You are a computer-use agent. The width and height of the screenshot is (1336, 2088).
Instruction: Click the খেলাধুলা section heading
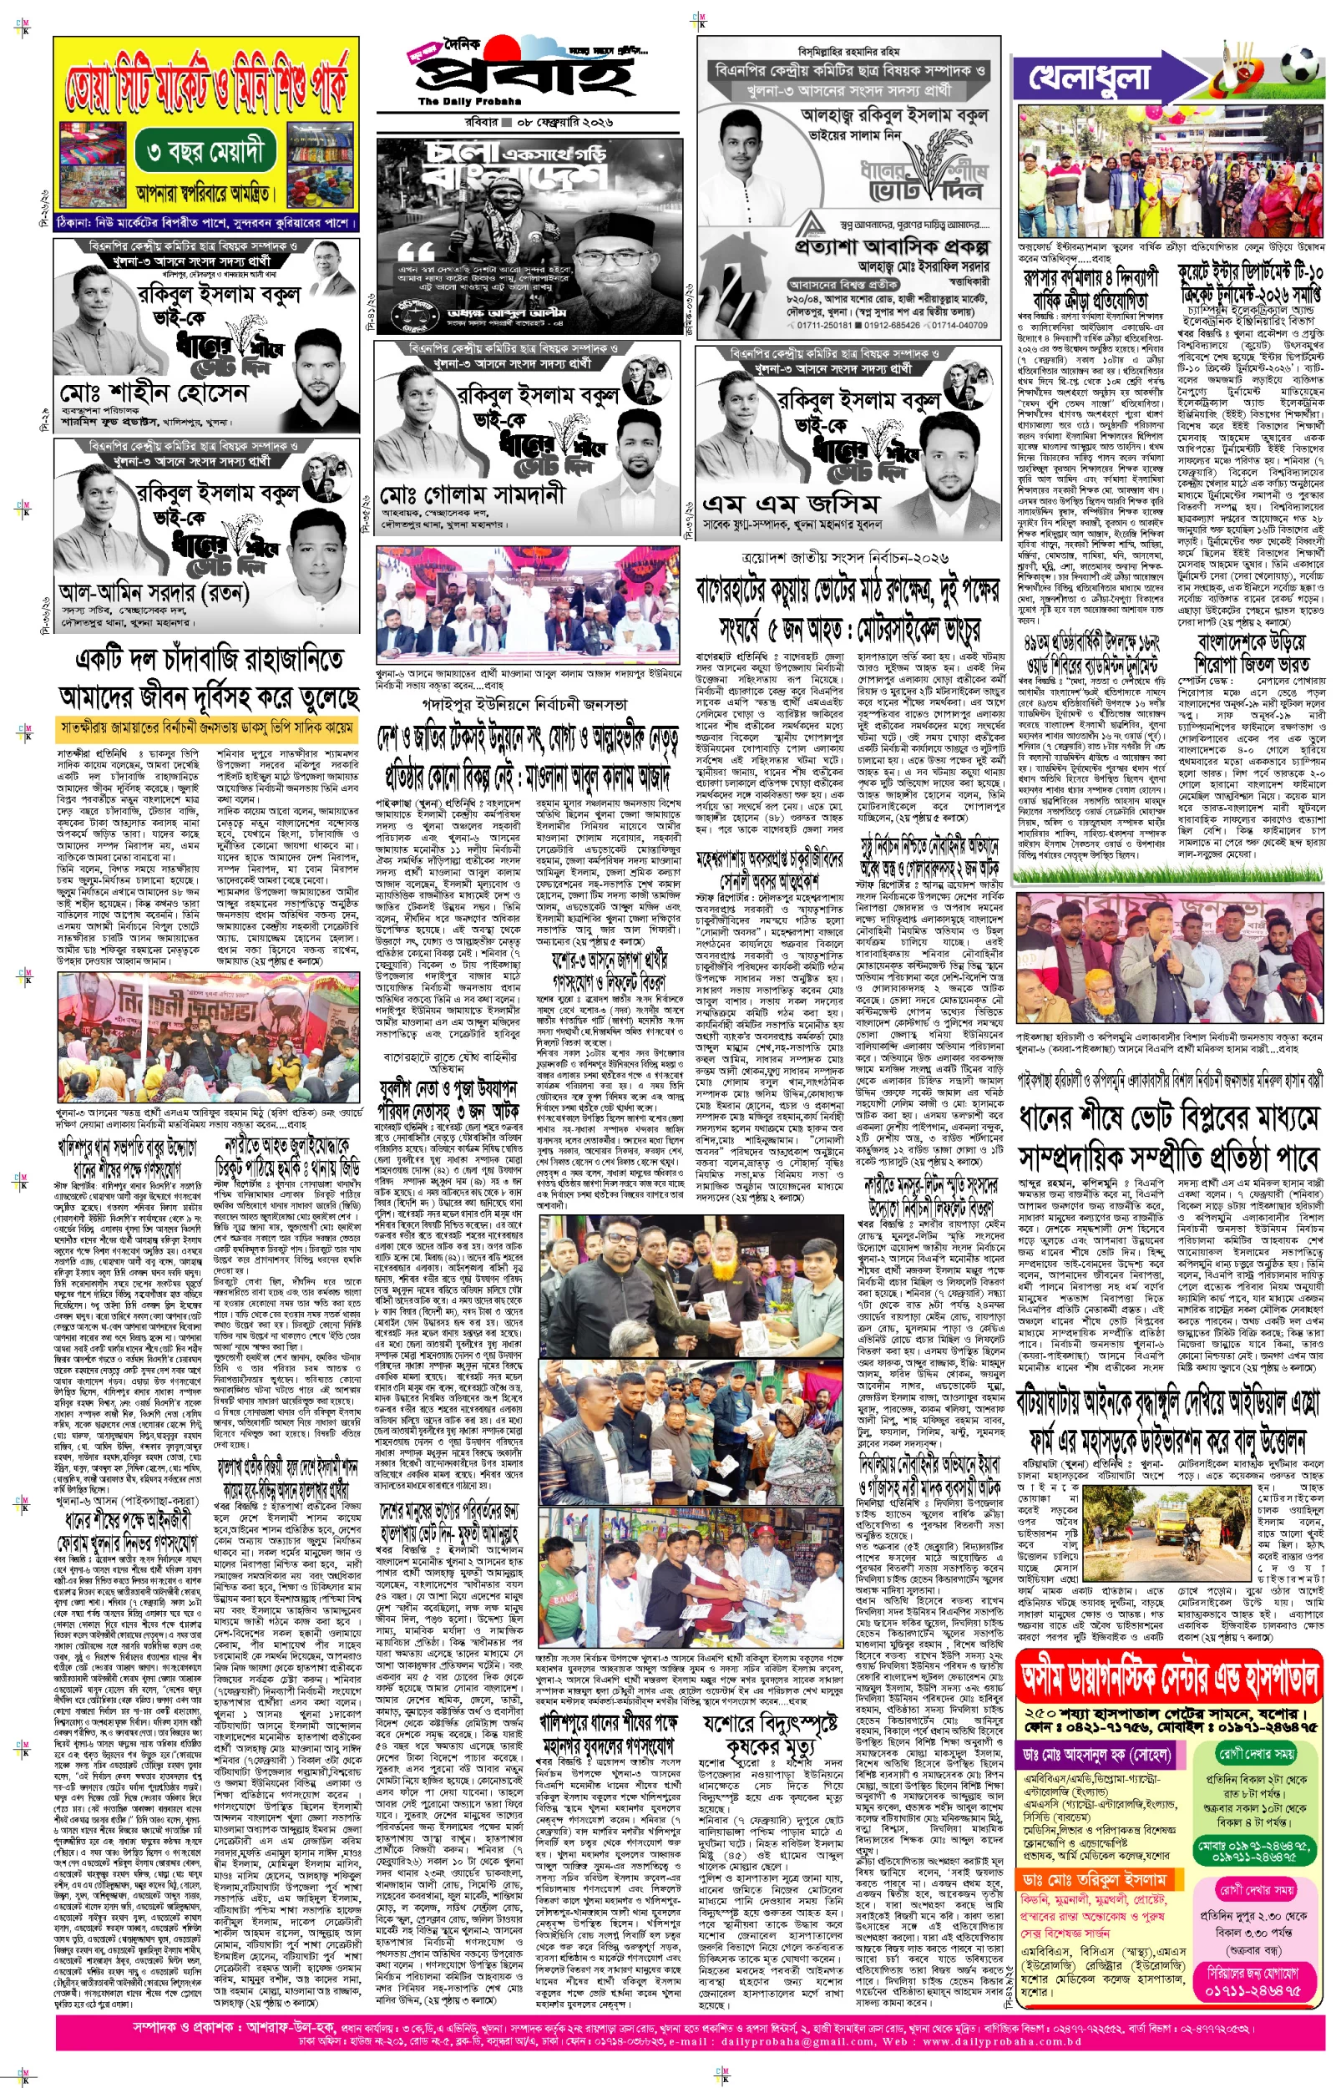[1090, 78]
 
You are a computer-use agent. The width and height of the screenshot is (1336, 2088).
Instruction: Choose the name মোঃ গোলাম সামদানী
[472, 496]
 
